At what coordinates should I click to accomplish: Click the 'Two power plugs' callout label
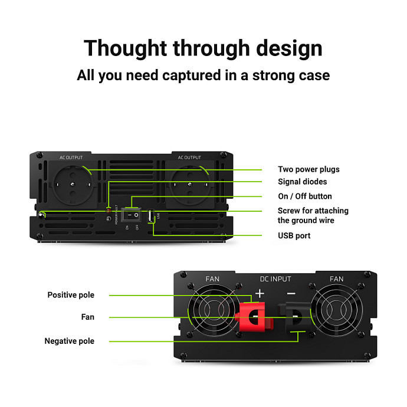(308, 169)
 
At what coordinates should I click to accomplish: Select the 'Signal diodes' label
(302, 182)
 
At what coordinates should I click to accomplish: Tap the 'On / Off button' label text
(305, 196)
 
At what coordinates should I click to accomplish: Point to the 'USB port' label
(294, 236)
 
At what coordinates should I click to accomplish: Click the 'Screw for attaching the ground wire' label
(313, 215)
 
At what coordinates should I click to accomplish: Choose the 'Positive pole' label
(71, 295)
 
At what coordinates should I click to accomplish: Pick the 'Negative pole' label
(69, 341)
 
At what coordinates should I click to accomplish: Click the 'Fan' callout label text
(88, 317)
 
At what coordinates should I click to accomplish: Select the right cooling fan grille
(337, 312)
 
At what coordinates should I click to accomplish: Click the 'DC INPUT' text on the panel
(275, 278)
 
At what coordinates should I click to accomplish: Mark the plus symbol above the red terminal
(260, 293)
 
